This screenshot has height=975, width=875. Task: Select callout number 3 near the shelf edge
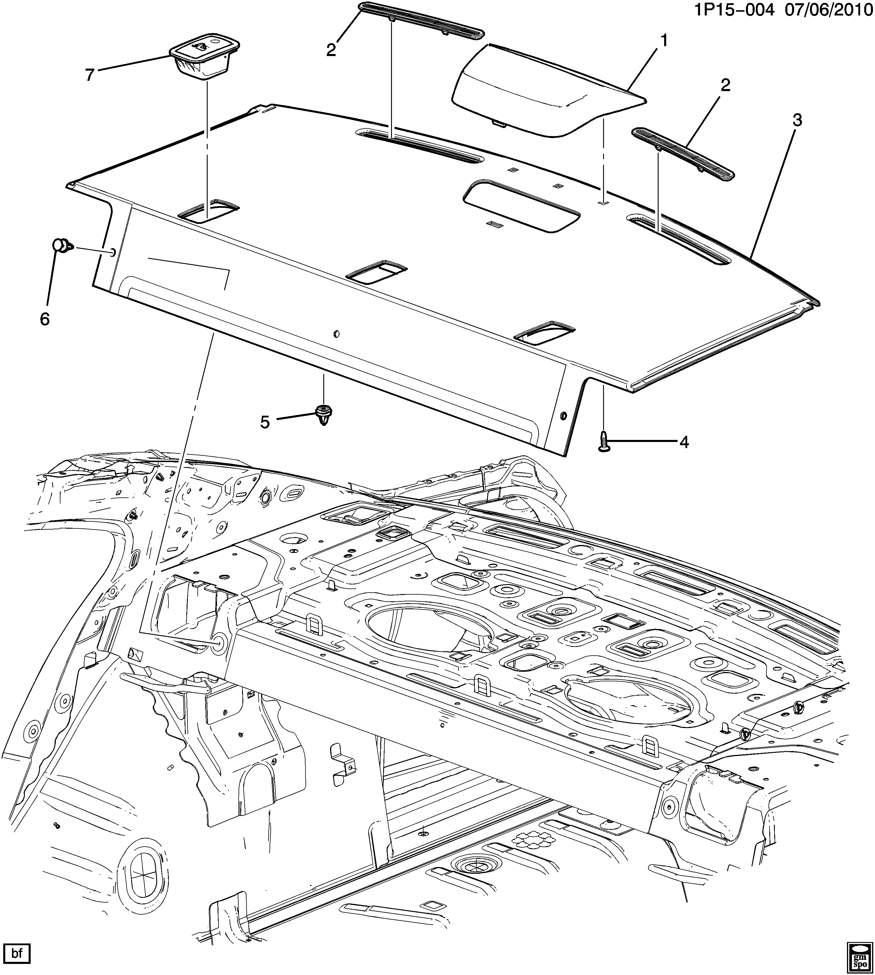tap(797, 121)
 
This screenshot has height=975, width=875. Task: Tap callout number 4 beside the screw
tap(683, 442)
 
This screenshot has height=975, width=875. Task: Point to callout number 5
tap(265, 422)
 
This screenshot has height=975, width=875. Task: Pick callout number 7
tap(90, 75)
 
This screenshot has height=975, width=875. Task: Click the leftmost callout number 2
tap(331, 50)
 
